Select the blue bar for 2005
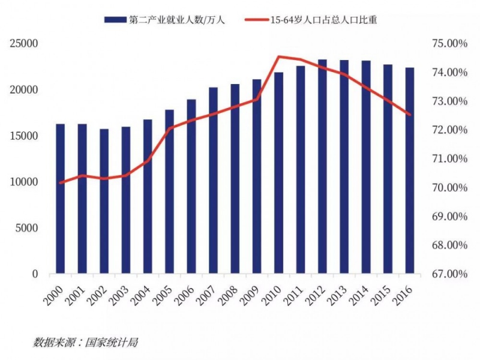click(169, 192)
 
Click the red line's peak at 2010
click(279, 57)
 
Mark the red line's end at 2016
click(409, 115)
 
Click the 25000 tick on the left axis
click(23, 44)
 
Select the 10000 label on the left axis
click(23, 182)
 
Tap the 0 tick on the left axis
click(35, 274)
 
